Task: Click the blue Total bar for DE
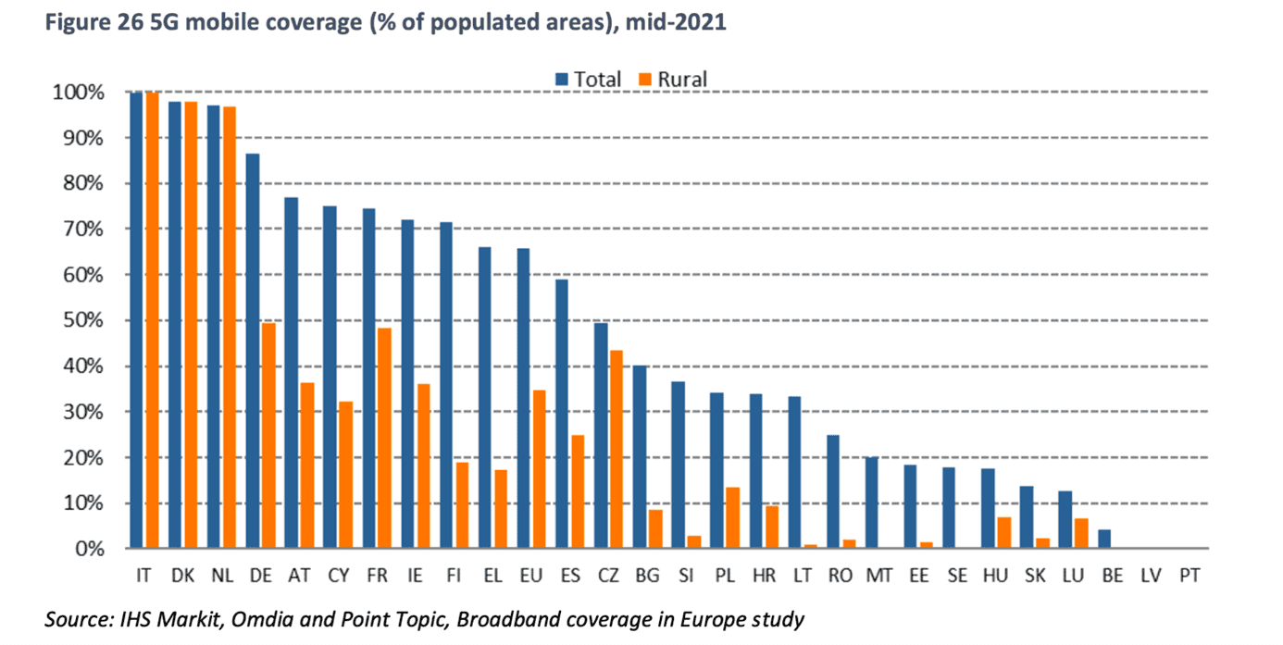(253, 352)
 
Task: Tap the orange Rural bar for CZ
(616, 450)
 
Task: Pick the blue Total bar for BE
(1102, 540)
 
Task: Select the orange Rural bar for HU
(1003, 533)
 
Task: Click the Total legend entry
(589, 80)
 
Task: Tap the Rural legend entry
(673, 80)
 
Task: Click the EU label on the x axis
(530, 577)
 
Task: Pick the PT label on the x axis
(1190, 577)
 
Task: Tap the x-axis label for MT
(879, 577)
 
